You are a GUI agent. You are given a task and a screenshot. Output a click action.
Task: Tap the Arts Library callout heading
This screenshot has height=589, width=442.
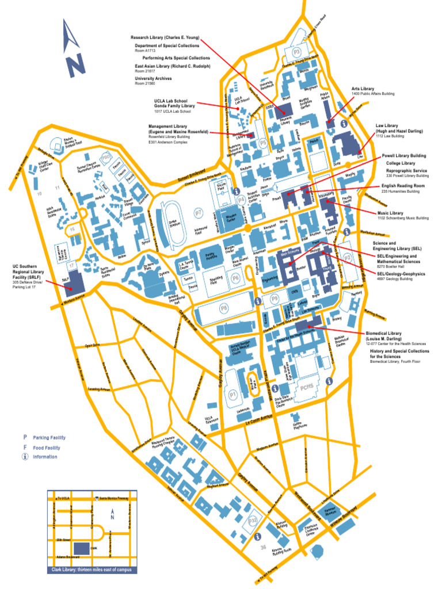(x=363, y=89)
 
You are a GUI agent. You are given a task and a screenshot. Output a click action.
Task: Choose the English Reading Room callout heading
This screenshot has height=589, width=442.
(x=403, y=186)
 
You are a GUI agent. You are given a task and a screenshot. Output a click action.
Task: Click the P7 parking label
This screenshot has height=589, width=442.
(x=199, y=213)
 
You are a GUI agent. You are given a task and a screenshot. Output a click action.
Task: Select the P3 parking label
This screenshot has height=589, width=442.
(x=297, y=52)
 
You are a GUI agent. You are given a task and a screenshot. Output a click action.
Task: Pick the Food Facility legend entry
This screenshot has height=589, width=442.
(x=45, y=448)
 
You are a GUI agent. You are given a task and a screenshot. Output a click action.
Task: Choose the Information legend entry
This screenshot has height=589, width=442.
(x=45, y=457)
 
